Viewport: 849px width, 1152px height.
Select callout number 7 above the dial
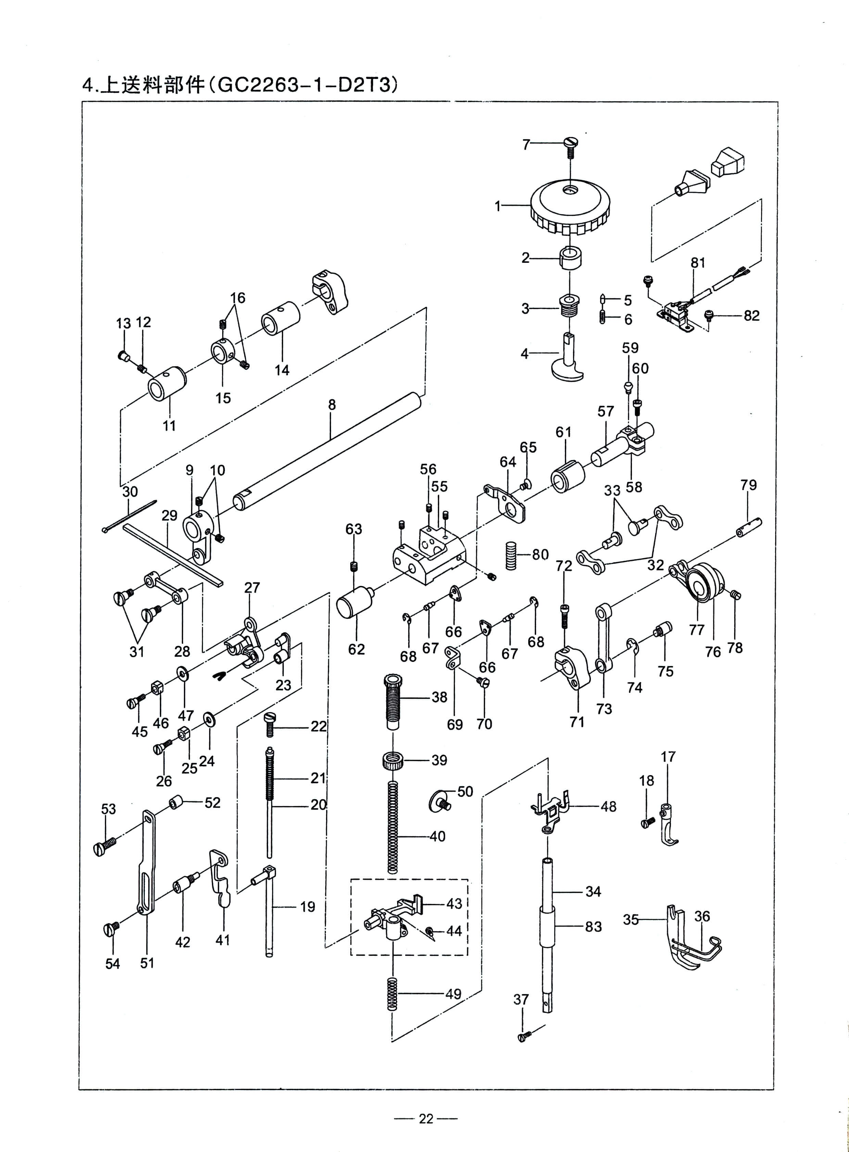pos(526,144)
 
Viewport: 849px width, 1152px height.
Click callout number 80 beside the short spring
pos(540,554)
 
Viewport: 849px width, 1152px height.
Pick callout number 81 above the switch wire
pos(698,263)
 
